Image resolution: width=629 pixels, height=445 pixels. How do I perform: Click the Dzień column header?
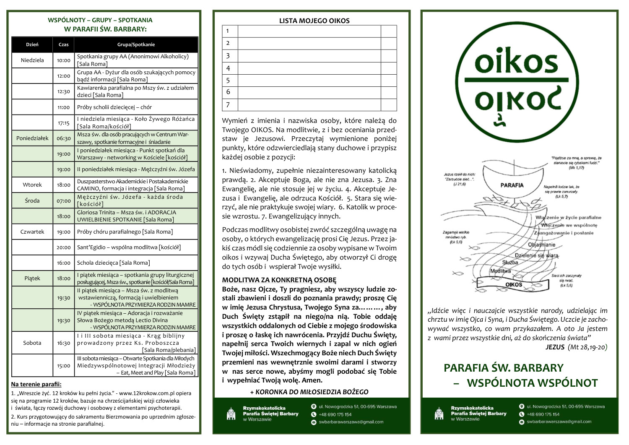coord(32,44)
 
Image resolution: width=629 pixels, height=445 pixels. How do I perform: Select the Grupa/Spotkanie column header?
coord(136,44)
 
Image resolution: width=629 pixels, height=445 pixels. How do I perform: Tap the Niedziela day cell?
coord(32,60)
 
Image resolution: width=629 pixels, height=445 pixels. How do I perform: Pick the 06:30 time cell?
coord(64,138)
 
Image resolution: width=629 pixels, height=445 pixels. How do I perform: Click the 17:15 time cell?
coord(64,123)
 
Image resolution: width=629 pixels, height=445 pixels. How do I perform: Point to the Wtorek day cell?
coord(32,185)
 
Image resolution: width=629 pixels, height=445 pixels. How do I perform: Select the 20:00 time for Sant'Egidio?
coord(64,247)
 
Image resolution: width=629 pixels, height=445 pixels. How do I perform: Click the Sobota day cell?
coord(32,343)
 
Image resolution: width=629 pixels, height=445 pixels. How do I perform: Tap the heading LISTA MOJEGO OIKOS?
coord(314,21)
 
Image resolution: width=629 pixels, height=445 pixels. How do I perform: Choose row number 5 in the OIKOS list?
coord(229,80)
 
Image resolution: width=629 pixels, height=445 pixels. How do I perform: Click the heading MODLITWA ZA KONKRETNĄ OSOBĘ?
coord(279,280)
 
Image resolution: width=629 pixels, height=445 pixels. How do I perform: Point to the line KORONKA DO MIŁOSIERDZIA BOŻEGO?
coord(309,392)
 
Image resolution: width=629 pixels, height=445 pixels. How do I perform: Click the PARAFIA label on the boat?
coord(512,185)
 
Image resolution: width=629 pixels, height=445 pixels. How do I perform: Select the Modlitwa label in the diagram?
coord(500,271)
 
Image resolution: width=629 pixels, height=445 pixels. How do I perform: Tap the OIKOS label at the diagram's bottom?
coord(514,285)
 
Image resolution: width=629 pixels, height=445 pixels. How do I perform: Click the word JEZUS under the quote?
coord(555,347)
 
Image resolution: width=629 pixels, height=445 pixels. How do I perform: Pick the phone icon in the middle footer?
coord(314,414)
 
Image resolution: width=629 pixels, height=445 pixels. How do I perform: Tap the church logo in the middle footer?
coord(231,414)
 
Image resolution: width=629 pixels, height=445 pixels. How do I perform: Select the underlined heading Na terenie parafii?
coord(36,384)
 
